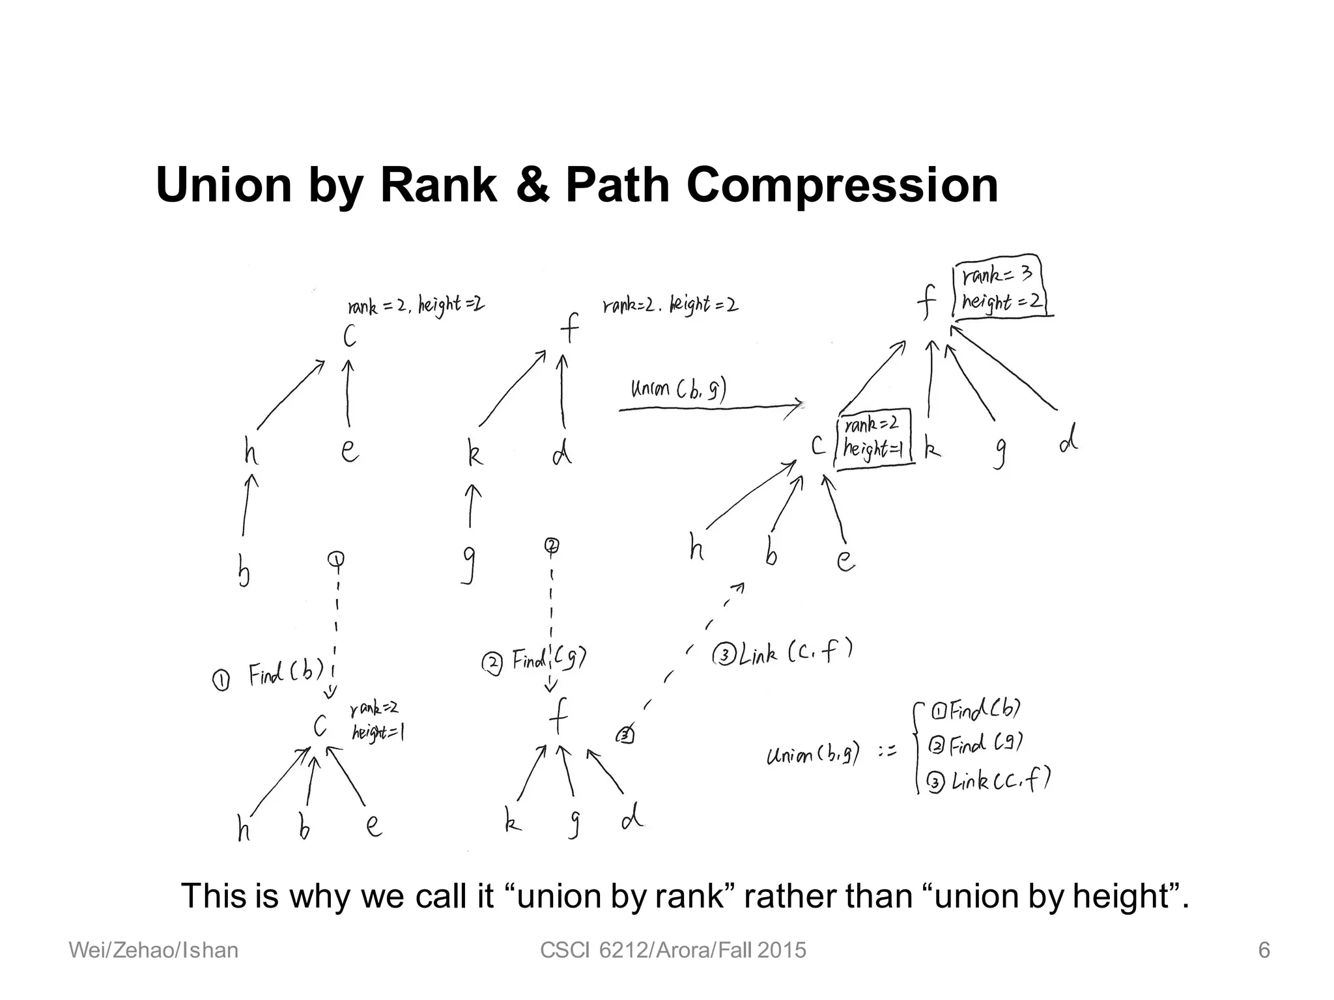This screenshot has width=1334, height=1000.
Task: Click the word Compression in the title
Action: pos(842,186)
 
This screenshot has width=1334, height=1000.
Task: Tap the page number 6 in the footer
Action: pos(1263,951)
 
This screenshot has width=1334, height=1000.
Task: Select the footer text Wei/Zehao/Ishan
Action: pos(154,951)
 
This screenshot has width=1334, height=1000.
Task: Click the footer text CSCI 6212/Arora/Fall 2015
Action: pos(673,951)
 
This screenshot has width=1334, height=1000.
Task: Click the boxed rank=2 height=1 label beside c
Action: pos(873,438)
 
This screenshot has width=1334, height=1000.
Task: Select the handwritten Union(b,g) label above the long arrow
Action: pos(678,389)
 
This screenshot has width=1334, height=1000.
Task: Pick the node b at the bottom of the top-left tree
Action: pos(244,572)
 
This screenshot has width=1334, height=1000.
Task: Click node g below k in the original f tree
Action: pos(468,564)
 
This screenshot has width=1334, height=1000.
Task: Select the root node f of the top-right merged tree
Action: pos(926,302)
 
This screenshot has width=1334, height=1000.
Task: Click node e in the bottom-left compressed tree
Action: pos(373,826)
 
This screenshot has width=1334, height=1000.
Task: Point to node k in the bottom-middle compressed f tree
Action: pos(513,822)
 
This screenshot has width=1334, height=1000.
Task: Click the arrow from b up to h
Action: pos(248,505)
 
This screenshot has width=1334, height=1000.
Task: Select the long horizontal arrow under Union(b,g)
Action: pos(710,408)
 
